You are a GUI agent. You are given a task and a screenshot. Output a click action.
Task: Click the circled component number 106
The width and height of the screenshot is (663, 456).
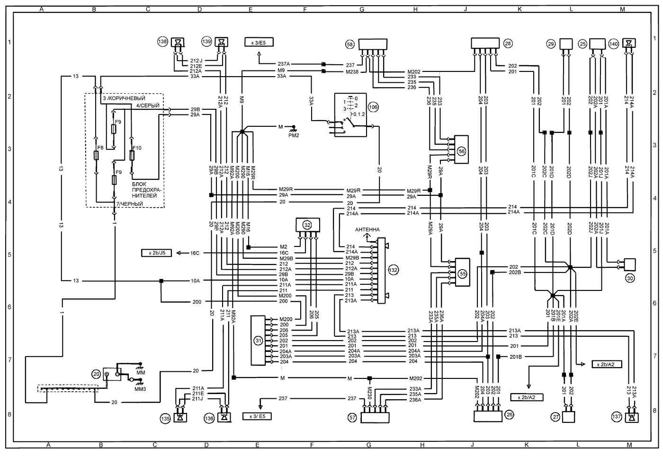coord(373,107)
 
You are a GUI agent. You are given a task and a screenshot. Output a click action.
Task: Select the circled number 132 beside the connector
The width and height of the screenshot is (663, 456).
coord(393,270)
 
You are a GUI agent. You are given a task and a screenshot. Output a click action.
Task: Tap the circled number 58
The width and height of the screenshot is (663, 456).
coord(350,44)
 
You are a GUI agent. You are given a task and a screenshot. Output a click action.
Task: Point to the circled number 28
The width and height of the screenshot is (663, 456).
coord(508,44)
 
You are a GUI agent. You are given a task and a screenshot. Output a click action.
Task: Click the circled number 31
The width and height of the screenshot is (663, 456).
coord(258,340)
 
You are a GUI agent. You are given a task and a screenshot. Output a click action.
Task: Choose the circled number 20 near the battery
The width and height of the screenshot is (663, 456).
coord(96,374)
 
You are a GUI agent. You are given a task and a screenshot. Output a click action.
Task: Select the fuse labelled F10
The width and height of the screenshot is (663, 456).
coord(136,148)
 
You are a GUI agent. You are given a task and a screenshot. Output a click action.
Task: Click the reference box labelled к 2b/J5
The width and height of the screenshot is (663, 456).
coord(156,253)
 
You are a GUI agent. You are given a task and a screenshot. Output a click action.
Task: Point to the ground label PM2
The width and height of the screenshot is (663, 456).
coord(294,135)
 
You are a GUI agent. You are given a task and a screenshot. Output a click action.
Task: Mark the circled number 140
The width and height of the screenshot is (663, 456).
coord(614,44)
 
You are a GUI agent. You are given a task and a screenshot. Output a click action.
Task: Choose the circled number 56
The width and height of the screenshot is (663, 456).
coord(462,151)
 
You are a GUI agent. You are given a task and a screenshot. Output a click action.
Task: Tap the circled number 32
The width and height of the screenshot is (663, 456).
coord(307,225)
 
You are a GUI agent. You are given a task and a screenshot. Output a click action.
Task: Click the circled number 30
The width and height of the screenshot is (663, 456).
coord(630,279)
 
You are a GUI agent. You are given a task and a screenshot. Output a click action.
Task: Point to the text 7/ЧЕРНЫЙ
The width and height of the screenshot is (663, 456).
coord(129,204)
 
